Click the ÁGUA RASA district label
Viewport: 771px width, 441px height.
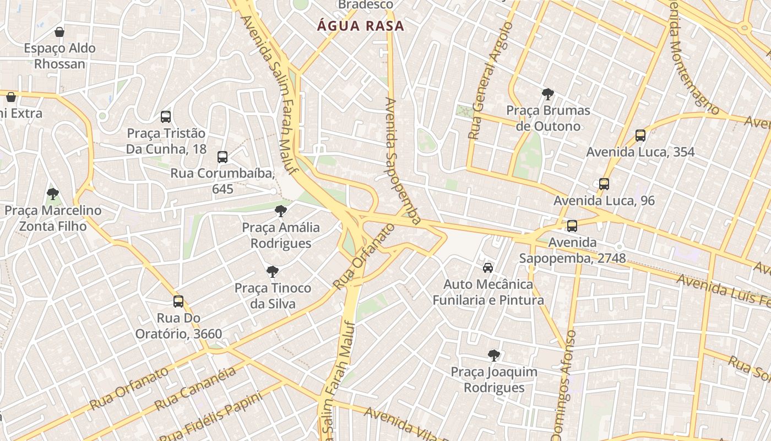(360, 26)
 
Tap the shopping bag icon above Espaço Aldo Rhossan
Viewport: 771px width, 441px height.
(59, 32)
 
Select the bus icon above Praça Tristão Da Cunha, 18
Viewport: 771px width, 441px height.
(166, 117)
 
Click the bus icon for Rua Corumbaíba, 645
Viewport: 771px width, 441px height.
(222, 157)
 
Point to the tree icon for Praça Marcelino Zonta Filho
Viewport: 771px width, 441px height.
(53, 194)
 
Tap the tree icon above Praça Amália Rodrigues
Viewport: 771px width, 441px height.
(281, 211)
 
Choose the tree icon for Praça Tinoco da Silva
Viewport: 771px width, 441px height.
(273, 271)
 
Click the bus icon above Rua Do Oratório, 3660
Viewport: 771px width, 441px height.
(178, 302)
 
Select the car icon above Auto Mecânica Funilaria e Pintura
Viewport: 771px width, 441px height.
(488, 268)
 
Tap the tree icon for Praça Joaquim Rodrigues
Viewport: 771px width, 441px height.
(494, 355)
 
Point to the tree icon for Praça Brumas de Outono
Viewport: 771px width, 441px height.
(548, 94)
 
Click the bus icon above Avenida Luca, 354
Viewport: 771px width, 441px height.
(640, 136)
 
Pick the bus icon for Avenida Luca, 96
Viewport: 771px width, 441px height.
(604, 184)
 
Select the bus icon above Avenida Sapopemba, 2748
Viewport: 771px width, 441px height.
(572, 225)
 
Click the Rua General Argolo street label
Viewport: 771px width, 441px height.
(490, 81)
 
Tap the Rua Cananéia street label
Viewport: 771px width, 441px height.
(196, 388)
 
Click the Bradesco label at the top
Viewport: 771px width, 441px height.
(366, 5)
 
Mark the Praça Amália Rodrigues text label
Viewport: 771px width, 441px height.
(281, 235)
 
